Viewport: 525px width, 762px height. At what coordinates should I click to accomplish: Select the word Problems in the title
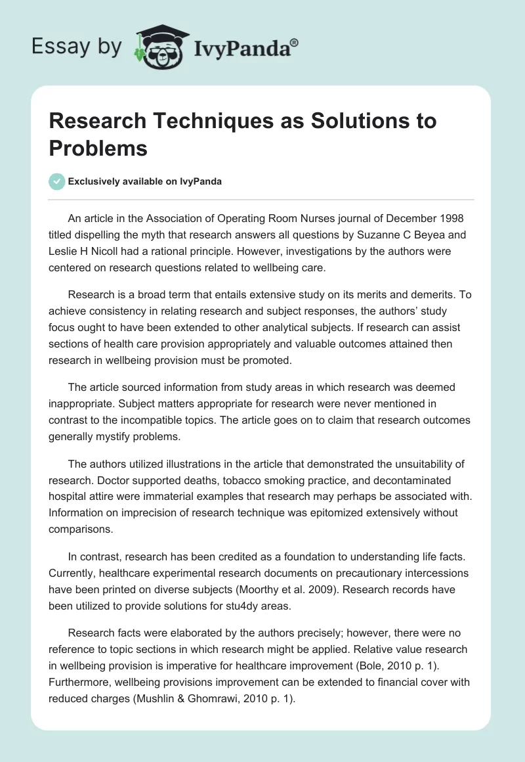[98, 148]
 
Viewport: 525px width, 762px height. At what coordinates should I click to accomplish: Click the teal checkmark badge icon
[57, 181]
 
